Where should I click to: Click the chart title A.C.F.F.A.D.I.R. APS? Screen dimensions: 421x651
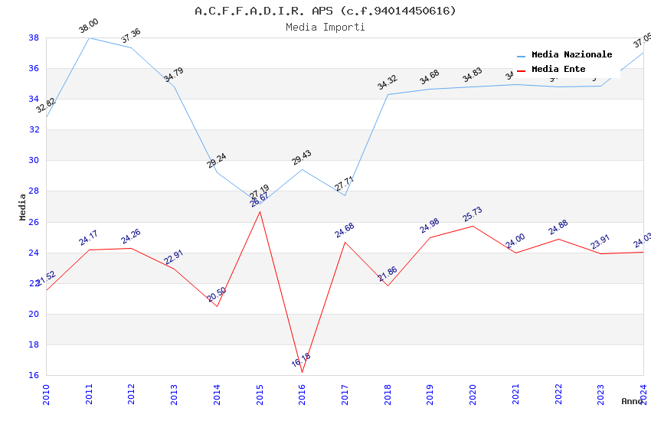325,11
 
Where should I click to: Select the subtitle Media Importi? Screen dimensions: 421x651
325,27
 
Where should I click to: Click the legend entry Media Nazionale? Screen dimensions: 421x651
571,54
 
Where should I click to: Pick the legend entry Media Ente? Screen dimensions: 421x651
558,69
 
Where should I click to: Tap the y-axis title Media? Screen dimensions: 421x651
23,207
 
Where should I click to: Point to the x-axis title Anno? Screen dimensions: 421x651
632,401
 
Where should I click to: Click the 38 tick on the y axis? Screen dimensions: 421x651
34,38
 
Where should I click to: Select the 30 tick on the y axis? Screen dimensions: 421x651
34,161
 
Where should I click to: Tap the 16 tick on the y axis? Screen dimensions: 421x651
34,376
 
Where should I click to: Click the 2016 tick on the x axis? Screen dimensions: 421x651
303,394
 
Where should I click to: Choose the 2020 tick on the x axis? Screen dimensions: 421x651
473,394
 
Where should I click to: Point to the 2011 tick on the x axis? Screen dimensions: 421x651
89,394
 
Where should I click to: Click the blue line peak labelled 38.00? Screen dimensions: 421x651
89,38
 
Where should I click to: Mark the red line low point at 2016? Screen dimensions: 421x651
303,373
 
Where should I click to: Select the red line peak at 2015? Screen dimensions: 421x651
260,211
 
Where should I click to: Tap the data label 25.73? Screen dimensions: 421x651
473,214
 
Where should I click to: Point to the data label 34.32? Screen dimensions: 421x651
387,82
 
